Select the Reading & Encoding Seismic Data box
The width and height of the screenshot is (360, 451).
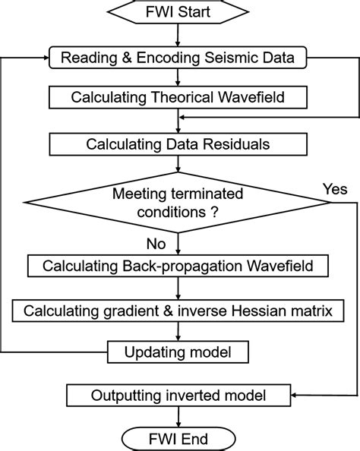click(x=176, y=57)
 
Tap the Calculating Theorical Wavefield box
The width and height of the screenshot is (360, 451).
click(x=176, y=97)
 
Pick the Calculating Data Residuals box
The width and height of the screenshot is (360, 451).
click(x=176, y=143)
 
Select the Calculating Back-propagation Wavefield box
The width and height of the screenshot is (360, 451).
click(x=176, y=267)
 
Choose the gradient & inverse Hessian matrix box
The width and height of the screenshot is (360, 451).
click(x=176, y=311)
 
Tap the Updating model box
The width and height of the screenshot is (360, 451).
click(x=176, y=352)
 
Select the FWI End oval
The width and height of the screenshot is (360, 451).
click(x=176, y=438)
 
